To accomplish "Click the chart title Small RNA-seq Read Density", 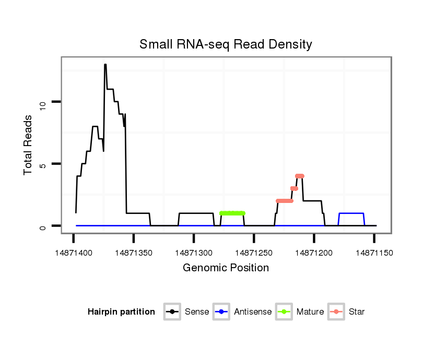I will pyautogui.click(x=226, y=44).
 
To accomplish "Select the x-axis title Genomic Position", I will pyautogui.click(x=226, y=268).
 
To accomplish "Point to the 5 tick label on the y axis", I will pyautogui.click(x=43, y=164).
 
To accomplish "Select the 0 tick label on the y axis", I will pyautogui.click(x=43, y=226).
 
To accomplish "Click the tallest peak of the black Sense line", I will pyautogui.click(x=105, y=65).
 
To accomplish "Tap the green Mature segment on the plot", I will pyautogui.click(x=232, y=213).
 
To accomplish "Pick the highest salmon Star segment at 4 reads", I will pyautogui.click(x=299, y=176).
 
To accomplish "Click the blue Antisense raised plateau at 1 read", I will pyautogui.click(x=351, y=213).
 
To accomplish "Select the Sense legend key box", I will pyautogui.click(x=172, y=312).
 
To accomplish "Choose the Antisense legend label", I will pyautogui.click(x=253, y=312).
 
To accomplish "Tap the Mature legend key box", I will pyautogui.click(x=284, y=312).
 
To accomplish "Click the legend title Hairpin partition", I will pyautogui.click(x=121, y=312).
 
